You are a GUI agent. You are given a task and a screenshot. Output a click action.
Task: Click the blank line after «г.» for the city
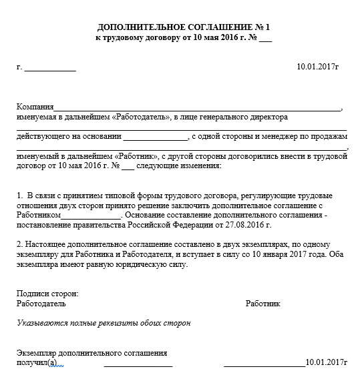[50, 68]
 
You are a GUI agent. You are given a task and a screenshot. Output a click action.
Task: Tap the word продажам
[327, 137]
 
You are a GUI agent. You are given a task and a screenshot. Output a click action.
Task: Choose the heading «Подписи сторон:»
[47, 294]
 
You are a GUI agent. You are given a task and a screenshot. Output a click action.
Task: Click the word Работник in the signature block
[263, 304]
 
